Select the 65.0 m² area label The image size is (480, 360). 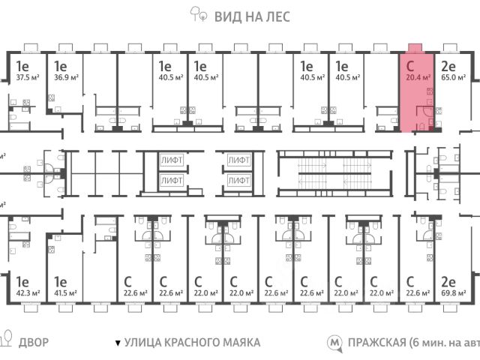coord(453,76)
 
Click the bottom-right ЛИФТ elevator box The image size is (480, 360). coord(238,180)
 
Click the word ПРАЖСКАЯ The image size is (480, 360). coord(376,343)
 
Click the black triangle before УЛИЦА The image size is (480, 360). coord(117,343)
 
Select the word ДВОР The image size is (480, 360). coord(34,343)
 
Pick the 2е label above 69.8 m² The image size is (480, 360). coord(448,283)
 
